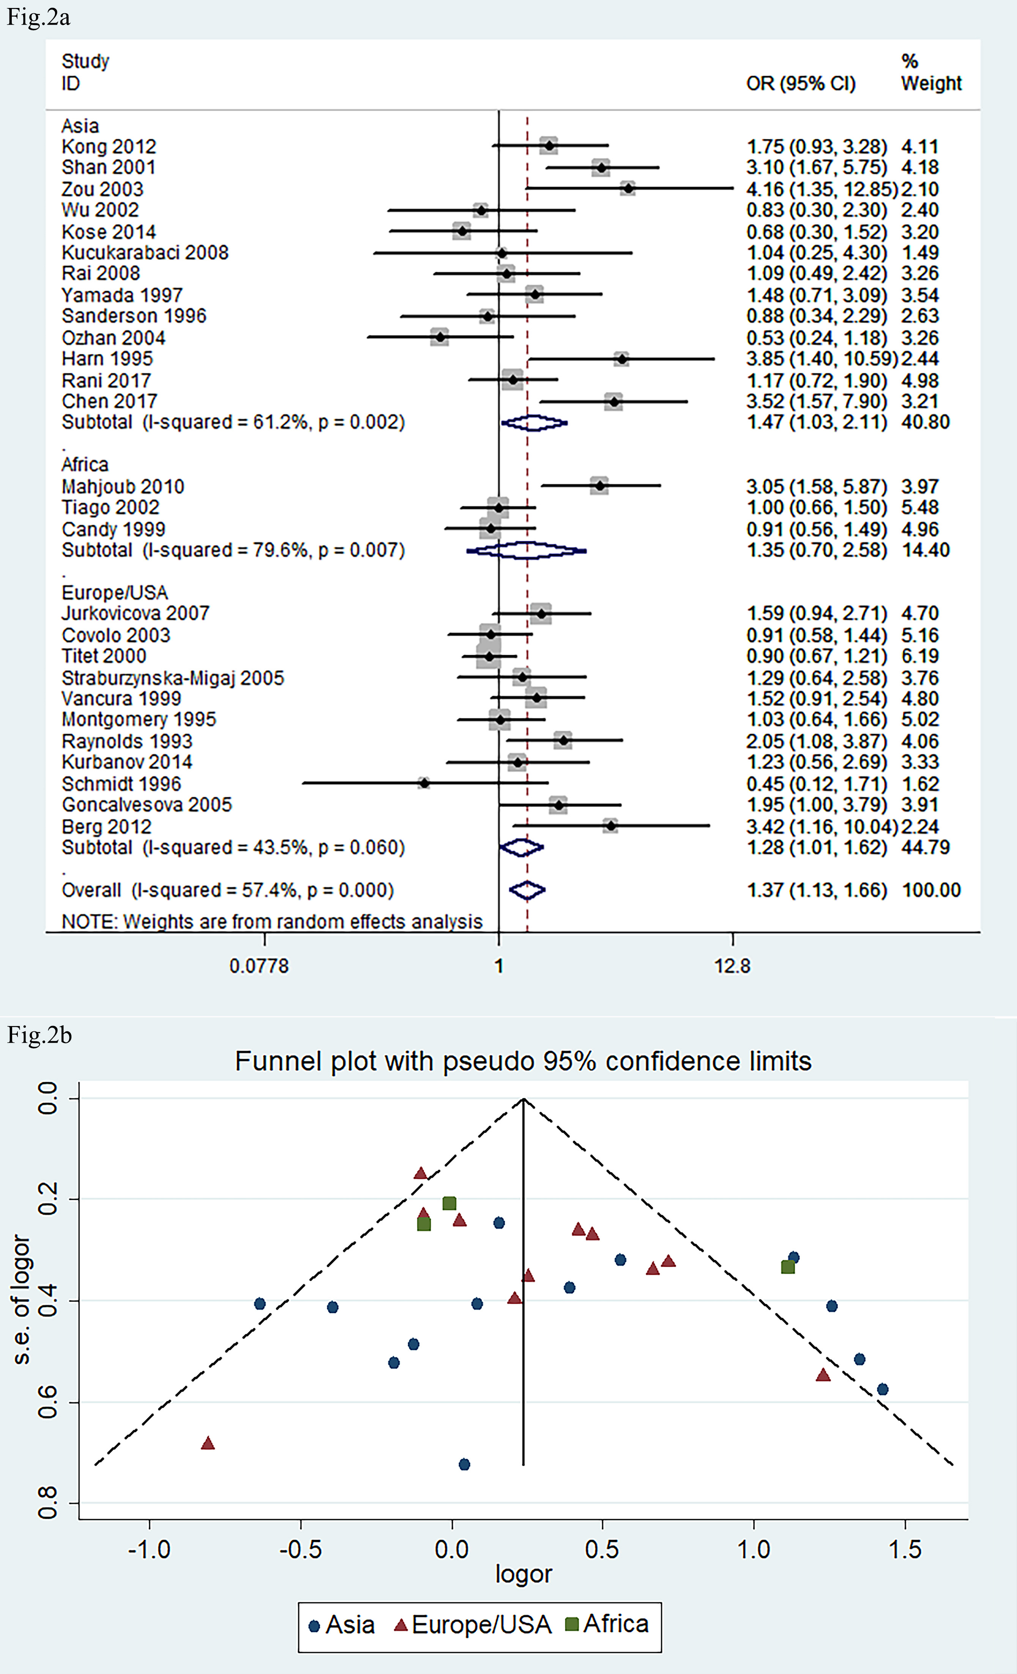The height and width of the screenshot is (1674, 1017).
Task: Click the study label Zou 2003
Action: coord(102,189)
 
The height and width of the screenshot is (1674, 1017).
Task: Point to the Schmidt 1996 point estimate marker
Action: coord(424,783)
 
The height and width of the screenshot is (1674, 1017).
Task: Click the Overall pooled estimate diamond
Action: coord(527,890)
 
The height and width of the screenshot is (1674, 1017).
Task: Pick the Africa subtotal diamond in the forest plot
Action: coord(527,550)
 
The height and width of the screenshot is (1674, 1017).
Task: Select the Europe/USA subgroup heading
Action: coord(115,593)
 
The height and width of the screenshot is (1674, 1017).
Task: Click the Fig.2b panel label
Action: coord(39,1036)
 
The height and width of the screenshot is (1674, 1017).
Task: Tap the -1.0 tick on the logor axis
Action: coord(150,1549)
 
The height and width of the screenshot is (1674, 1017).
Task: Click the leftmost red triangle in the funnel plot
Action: coord(208,1443)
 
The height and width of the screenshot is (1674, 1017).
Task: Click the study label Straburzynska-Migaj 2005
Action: coord(173,678)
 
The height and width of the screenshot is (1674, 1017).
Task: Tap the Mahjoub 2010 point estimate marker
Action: coord(599,486)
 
